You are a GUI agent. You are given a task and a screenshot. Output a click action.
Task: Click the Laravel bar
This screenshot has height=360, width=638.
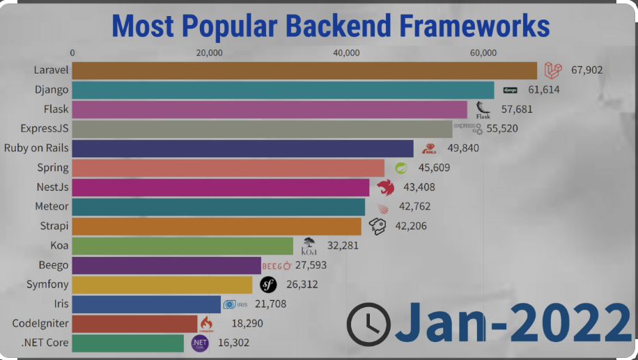click(304, 70)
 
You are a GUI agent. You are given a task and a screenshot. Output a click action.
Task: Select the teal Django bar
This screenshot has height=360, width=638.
click(283, 90)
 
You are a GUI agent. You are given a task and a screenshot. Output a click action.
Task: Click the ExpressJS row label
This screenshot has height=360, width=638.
click(45, 129)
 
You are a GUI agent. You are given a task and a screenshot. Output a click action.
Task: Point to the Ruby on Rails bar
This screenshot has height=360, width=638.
click(242, 148)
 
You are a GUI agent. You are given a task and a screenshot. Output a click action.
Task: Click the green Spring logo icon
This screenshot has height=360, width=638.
click(400, 168)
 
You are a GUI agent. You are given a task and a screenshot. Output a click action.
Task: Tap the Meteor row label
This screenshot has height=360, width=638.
click(52, 207)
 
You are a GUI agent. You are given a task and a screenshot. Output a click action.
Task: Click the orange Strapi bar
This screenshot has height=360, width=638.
click(217, 226)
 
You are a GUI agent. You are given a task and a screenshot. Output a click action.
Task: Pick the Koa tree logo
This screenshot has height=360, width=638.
click(309, 246)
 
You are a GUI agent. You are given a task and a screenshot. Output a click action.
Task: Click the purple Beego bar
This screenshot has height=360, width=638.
click(166, 265)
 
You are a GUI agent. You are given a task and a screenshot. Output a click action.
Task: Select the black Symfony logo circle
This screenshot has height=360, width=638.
click(268, 285)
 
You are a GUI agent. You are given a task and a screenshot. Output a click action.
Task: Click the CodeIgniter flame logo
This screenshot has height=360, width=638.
click(205, 324)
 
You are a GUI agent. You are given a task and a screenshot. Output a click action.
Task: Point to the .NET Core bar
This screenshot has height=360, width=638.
click(127, 343)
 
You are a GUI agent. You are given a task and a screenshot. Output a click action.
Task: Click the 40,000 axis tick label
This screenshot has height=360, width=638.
click(346, 53)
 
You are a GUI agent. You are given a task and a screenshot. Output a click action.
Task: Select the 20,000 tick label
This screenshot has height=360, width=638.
click(209, 53)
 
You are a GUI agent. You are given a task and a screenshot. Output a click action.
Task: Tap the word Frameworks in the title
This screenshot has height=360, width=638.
click(475, 26)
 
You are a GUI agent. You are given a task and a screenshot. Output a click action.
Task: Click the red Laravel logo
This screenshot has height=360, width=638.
click(553, 70)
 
